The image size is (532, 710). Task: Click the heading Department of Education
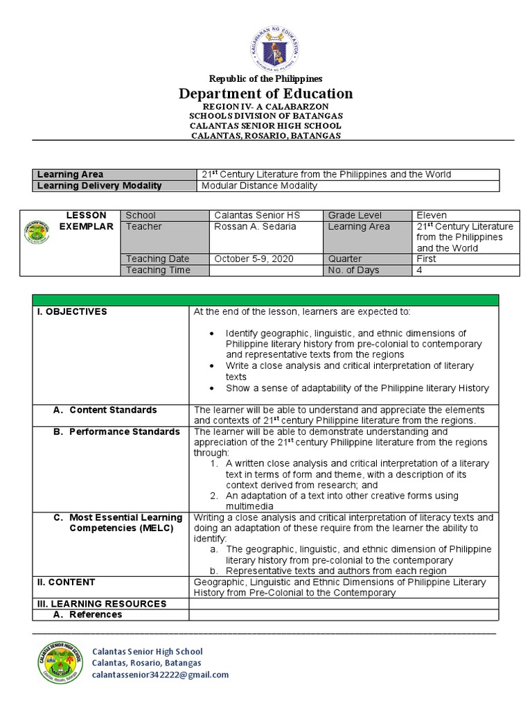pos(266,94)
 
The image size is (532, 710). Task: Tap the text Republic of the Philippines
pos(266,79)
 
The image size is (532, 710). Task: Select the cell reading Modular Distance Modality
pos(259,186)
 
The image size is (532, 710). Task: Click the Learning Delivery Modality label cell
pos(99,186)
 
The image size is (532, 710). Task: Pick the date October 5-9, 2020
pos(254,259)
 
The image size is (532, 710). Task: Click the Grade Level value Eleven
pos(432,216)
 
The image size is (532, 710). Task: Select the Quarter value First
pos(427,259)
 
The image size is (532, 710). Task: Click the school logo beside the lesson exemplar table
pos(37,232)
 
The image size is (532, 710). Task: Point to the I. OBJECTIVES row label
pos(72,312)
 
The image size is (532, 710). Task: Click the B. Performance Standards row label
pos(116,432)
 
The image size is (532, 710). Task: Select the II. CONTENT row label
pos(66,582)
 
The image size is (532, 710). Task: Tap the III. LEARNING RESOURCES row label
pos(101,604)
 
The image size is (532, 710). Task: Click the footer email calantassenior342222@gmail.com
pos(160,675)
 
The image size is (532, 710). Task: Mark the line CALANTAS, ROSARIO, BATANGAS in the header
pos(266,136)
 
